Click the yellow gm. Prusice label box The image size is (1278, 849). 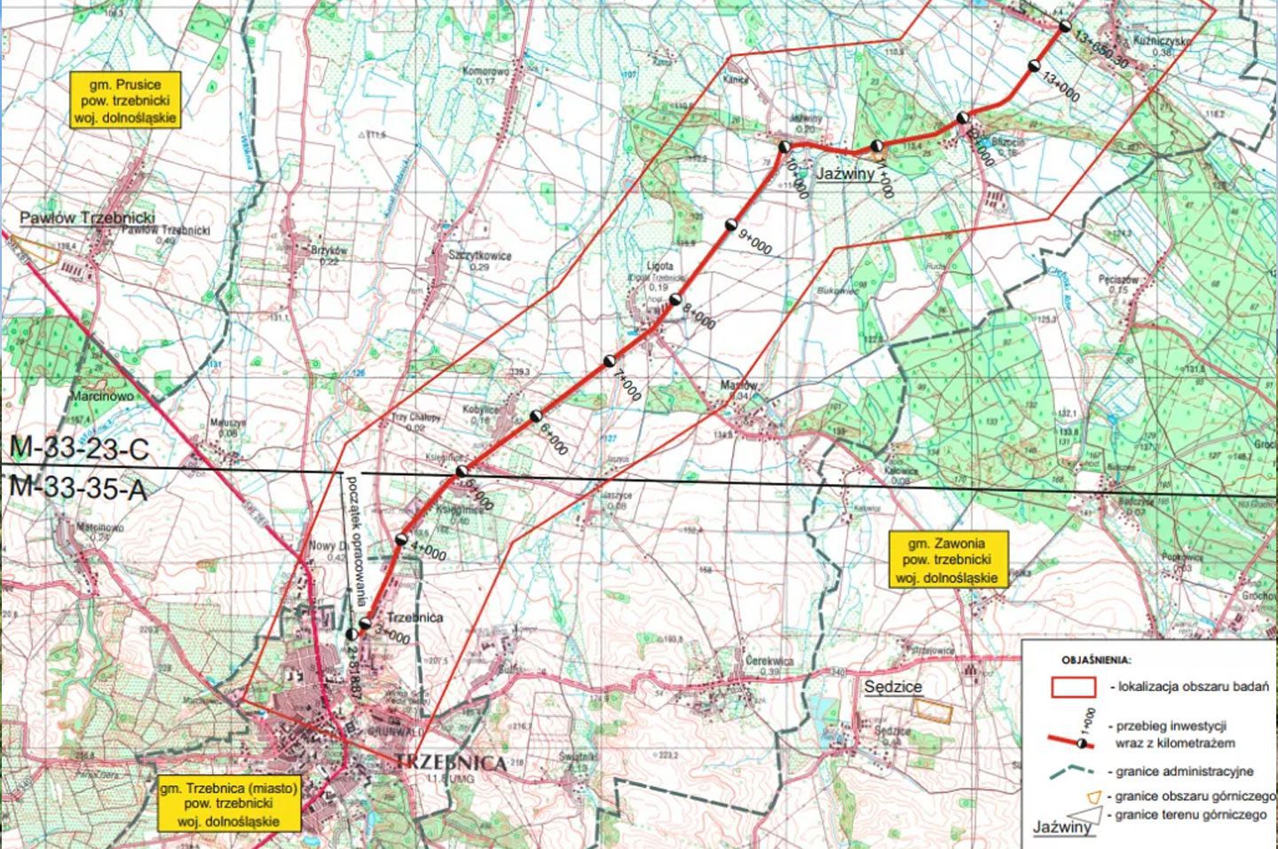[x=124, y=99]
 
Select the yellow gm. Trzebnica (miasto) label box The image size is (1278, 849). [x=229, y=803]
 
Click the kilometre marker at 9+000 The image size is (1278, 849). [x=731, y=224]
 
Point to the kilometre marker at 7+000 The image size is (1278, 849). [x=610, y=361]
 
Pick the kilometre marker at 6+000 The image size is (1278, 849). [x=536, y=416]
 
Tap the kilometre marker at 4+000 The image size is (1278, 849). [x=401, y=539]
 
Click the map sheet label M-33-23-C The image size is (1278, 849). [x=78, y=449]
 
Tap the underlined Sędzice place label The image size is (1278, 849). [x=893, y=686]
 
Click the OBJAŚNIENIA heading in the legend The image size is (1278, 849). [x=1095, y=660]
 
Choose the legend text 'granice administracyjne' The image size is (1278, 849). [x=1184, y=772]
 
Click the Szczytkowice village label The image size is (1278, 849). [x=480, y=256]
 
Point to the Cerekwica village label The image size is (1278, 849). [x=769, y=662]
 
